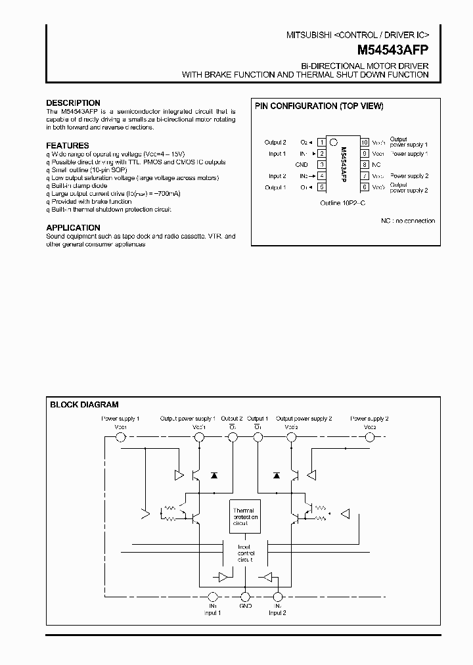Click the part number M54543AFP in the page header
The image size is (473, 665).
point(393,49)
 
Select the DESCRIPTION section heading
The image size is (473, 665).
point(73,103)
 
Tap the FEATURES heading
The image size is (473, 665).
point(68,146)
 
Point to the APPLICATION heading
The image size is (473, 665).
point(73,228)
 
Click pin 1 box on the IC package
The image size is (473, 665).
point(322,142)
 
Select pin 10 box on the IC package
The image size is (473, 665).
point(364,142)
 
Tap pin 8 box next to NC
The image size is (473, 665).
point(364,164)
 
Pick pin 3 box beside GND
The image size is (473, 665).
point(322,164)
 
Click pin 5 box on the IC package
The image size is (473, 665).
point(322,187)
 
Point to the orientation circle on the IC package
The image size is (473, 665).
point(333,141)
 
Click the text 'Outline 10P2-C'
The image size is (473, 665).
point(342,203)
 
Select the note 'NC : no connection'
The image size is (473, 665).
point(408,221)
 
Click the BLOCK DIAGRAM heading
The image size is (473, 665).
point(84,405)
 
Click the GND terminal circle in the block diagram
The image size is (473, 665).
point(245,597)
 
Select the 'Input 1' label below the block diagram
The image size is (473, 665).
point(212,612)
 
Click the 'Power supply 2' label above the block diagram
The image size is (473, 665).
point(370,419)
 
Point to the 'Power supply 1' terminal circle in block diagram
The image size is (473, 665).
point(120,436)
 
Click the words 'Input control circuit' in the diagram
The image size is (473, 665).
point(244,553)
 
